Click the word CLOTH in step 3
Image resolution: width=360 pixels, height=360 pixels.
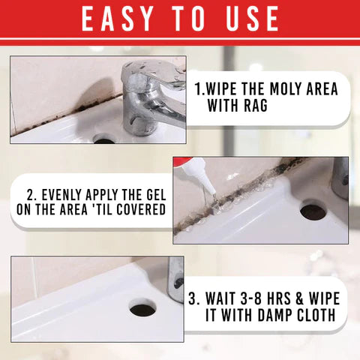317,315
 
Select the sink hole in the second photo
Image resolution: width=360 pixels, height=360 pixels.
312,211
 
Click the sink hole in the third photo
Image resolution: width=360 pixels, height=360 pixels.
142,308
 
